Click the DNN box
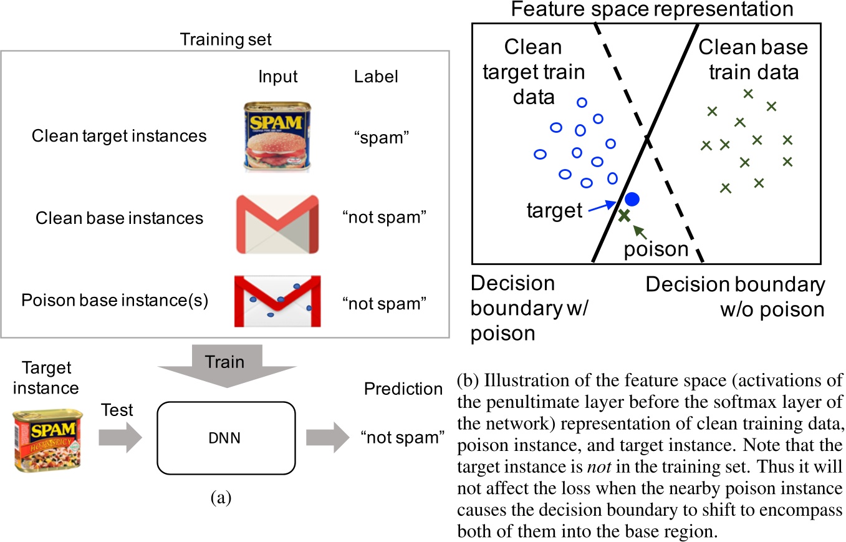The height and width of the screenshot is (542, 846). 225,438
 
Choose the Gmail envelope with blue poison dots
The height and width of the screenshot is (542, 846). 276,301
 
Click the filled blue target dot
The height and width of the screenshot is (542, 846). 632,200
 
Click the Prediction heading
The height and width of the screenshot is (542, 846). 403,389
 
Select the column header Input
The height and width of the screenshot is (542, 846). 277,77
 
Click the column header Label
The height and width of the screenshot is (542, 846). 376,77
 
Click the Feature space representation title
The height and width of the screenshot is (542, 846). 651,9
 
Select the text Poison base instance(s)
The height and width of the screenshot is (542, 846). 115,301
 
